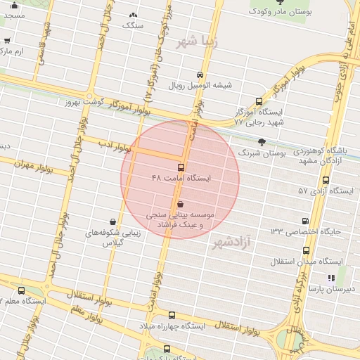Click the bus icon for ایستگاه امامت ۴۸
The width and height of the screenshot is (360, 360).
tap(181, 168)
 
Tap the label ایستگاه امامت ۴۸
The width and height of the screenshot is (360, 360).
tap(181, 179)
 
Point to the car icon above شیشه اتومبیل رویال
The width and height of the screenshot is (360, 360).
tap(200, 75)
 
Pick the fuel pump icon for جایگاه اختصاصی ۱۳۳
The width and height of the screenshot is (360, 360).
tap(304, 221)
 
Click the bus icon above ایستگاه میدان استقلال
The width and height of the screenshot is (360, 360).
tap(306, 250)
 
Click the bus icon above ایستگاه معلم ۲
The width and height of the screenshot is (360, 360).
tap(20, 290)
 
